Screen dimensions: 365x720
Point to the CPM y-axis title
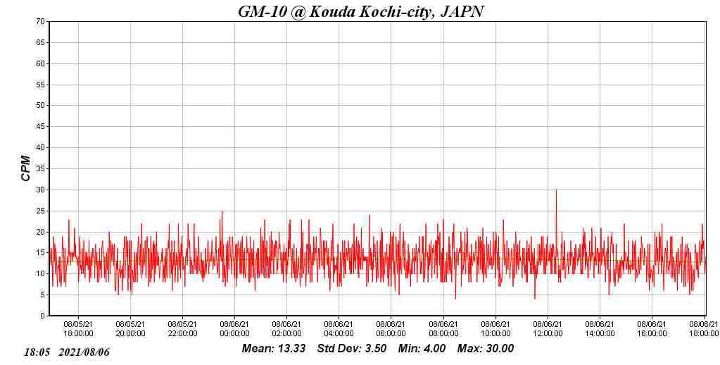point(26,168)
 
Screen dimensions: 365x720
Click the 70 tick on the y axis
point(41,22)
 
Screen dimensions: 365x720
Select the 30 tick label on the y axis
point(41,190)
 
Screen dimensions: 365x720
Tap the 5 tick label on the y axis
point(43,295)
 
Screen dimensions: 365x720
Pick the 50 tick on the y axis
point(41,106)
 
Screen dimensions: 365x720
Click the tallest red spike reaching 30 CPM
point(556,191)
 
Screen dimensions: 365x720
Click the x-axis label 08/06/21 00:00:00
point(235,329)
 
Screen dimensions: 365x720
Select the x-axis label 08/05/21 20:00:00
point(130,329)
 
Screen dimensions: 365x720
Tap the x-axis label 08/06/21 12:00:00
point(548,329)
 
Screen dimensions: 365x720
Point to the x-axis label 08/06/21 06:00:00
point(391,329)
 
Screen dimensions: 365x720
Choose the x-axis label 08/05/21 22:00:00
point(182,329)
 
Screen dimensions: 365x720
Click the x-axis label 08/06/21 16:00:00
point(652,329)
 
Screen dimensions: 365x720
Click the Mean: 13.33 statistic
point(273,348)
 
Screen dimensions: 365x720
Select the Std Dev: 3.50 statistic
point(351,348)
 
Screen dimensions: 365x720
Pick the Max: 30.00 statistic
point(486,348)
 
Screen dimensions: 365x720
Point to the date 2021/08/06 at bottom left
point(84,352)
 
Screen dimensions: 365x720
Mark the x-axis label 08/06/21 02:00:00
point(287,329)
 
